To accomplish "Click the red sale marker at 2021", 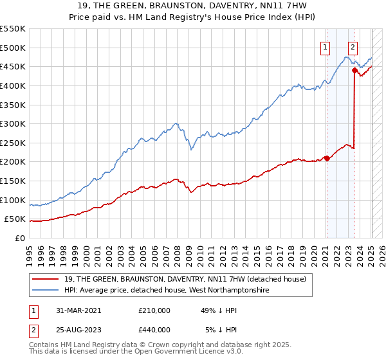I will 327,158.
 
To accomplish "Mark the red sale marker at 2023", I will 354,71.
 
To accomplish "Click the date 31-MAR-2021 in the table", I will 75,310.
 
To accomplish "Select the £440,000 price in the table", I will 154,330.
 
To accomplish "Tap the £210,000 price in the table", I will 154,310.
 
